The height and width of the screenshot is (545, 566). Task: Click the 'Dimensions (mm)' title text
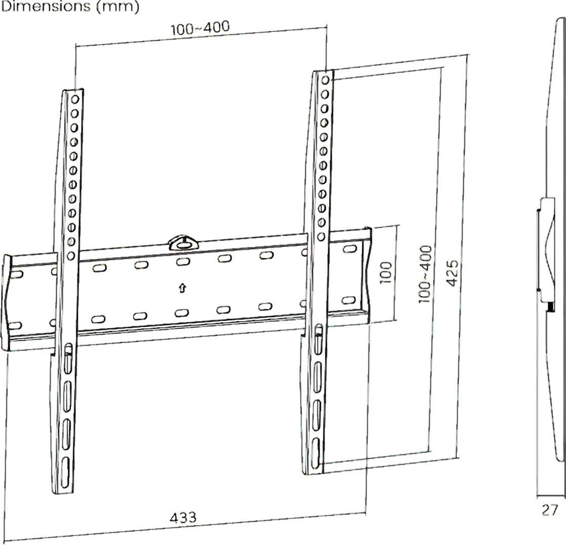pyautogui.click(x=70, y=7)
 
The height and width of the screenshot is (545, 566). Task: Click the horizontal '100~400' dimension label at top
pyautogui.click(x=200, y=28)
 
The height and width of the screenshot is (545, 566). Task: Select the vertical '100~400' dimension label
pyautogui.click(x=425, y=274)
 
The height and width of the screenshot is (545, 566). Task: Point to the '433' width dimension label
pyautogui.click(x=183, y=517)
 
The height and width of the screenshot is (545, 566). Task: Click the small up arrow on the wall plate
pyautogui.click(x=183, y=287)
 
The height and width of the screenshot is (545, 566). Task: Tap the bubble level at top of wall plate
pyautogui.click(x=184, y=242)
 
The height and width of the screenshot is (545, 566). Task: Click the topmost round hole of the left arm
pyautogui.click(x=75, y=99)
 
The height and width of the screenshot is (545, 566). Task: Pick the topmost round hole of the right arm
pyautogui.click(x=325, y=79)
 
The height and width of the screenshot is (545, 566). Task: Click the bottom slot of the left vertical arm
pyautogui.click(x=65, y=473)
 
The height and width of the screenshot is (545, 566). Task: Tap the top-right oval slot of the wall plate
pyautogui.click(x=349, y=248)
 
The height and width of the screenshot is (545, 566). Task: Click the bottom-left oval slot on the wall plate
pyautogui.click(x=15, y=325)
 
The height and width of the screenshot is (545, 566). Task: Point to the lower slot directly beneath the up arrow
pyautogui.click(x=182, y=313)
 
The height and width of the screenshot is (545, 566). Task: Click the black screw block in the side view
pyautogui.click(x=550, y=307)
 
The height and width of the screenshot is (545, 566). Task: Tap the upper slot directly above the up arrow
pyautogui.click(x=183, y=262)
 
